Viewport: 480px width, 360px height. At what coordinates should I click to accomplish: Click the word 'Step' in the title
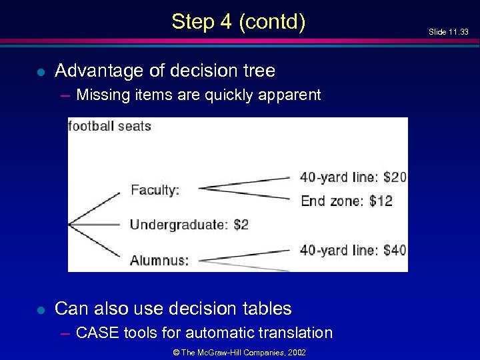[194, 22]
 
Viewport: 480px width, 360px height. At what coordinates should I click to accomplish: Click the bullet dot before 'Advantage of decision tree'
[41, 71]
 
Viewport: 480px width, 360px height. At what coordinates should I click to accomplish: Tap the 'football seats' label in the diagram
[110, 126]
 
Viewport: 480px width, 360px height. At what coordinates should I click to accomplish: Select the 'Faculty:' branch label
[155, 190]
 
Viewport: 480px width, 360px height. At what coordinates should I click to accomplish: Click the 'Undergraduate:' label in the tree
[178, 225]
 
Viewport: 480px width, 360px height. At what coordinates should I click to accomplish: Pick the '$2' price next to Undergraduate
[241, 225]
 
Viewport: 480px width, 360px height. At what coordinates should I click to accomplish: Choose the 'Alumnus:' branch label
[159, 260]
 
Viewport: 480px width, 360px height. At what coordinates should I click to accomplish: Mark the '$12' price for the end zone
[381, 201]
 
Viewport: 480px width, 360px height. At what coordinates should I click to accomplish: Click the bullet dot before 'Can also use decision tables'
[41, 309]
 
